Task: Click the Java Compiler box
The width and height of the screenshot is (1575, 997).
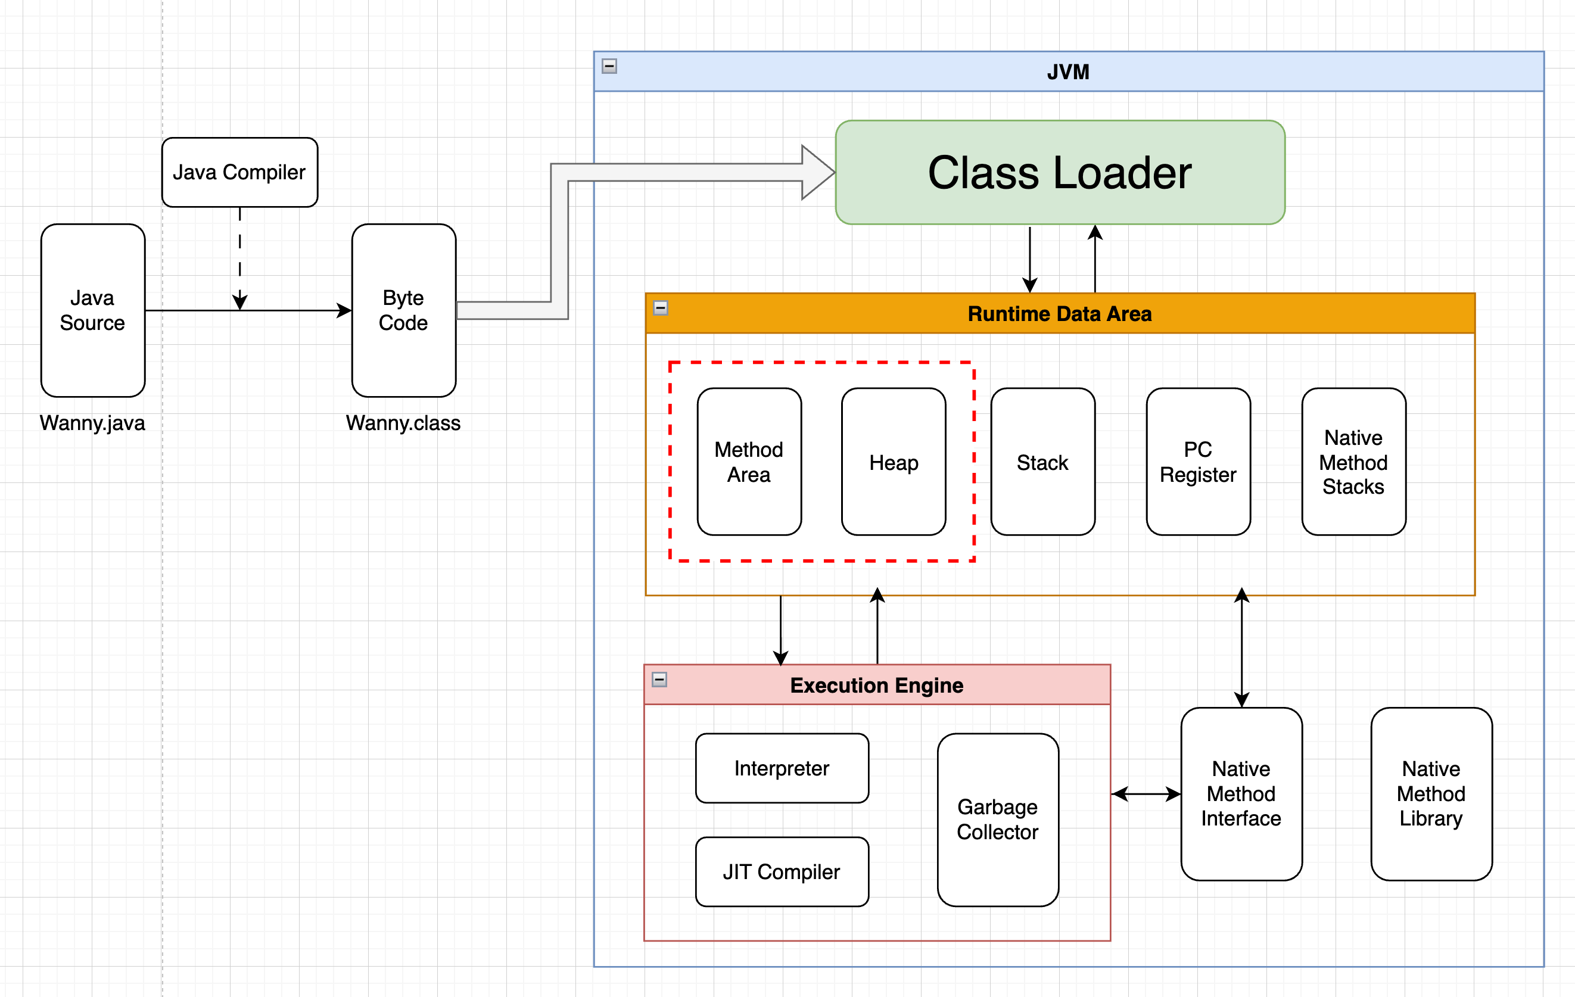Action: click(239, 172)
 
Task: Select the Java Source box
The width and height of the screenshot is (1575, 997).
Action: click(92, 310)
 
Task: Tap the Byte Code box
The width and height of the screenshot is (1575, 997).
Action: click(403, 310)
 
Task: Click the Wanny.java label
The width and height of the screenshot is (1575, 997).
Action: click(92, 423)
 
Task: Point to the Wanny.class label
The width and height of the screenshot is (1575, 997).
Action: click(403, 423)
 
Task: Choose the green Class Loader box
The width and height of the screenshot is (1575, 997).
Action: click(1060, 172)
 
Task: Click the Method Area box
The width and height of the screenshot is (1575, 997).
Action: click(749, 462)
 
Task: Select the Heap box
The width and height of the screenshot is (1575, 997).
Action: click(894, 462)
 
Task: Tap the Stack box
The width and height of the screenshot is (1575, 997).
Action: click(1042, 462)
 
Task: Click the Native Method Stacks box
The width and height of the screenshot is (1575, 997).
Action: click(1353, 462)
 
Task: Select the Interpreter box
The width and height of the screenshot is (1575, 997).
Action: click(782, 768)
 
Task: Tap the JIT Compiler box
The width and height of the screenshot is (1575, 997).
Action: click(782, 871)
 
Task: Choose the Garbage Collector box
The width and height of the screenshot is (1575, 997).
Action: click(997, 819)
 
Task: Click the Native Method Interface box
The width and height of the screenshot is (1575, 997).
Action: click(1241, 794)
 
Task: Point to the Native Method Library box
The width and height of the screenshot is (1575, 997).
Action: click(1431, 794)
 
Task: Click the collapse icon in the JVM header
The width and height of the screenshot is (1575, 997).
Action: click(609, 66)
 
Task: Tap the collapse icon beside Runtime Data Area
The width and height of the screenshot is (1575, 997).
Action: click(661, 308)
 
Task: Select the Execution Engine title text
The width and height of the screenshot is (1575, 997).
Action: click(876, 685)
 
